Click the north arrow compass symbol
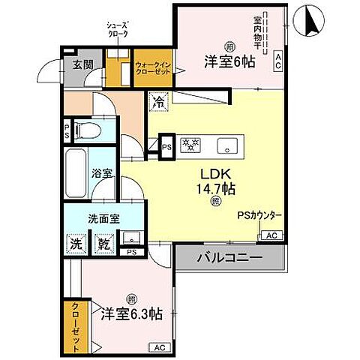coord(307,21)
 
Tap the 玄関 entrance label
coord(82,65)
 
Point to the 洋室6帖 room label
coord(229,62)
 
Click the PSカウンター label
coord(259,216)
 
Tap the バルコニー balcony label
coord(229,257)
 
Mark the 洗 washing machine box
coord(76,244)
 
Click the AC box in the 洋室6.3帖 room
coord(159,346)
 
